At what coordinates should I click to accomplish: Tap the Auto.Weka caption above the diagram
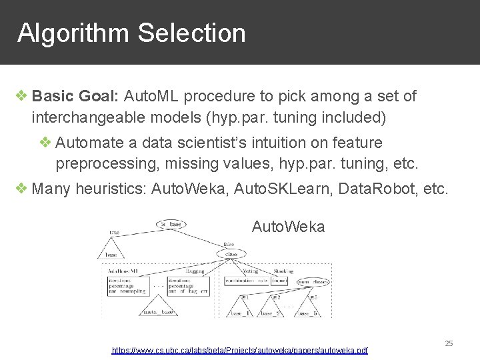[x=288, y=227]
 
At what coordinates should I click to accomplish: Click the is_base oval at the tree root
[x=171, y=223]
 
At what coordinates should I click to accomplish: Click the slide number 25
[x=449, y=343]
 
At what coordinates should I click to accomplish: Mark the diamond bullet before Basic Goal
[x=22, y=97]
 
